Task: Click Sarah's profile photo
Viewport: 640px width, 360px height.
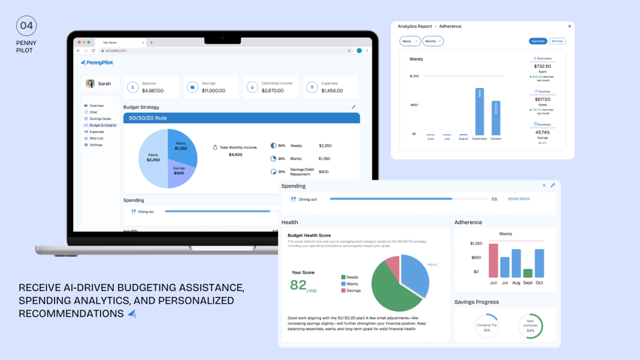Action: tap(90, 84)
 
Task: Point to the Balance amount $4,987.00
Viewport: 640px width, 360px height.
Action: tap(153, 90)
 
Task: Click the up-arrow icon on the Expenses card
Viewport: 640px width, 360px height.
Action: tap(312, 87)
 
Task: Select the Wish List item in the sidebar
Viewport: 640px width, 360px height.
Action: tap(96, 138)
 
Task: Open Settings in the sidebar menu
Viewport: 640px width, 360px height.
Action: tap(95, 145)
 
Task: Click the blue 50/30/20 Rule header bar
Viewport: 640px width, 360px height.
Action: tap(241, 118)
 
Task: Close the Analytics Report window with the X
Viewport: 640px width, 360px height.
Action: tap(569, 26)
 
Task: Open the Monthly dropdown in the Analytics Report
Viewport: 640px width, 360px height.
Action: tap(433, 41)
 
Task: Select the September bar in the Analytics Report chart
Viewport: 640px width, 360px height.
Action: tap(479, 111)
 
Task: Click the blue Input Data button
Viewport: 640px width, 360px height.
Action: tap(538, 41)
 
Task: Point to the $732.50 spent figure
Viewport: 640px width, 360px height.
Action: tap(542, 66)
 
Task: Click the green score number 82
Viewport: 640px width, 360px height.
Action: tap(298, 285)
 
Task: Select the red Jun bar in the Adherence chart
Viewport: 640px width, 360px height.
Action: tap(493, 260)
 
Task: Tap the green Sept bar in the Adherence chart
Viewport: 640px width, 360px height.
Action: tap(527, 273)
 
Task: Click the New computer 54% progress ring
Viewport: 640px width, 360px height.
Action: tap(530, 326)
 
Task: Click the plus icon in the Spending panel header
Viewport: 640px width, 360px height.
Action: tap(544, 186)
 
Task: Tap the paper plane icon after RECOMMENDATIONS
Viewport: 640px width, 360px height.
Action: tap(132, 313)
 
